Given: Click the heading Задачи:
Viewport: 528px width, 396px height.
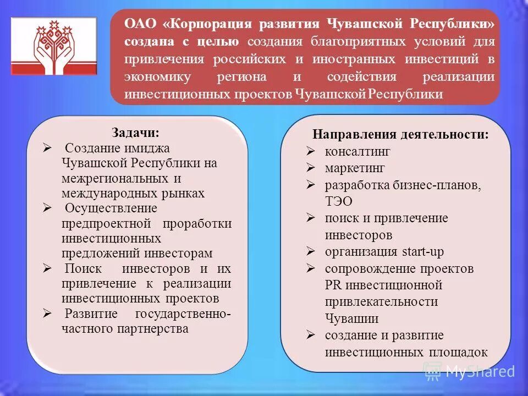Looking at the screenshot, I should coord(136,133).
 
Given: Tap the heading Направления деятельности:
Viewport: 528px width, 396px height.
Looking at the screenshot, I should coord(400,135).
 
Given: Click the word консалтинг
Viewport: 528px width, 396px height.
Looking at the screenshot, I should coord(358,151).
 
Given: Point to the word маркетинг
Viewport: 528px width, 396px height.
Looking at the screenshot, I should coord(355,168).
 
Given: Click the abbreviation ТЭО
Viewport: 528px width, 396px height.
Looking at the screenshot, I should coord(339,202).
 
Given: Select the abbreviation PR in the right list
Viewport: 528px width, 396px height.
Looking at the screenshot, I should coord(333,285).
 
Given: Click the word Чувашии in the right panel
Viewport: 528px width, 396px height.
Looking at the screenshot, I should coord(351,318).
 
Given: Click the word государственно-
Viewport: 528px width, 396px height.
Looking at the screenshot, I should coord(183,314).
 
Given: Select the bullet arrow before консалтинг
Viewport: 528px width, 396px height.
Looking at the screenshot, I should coord(311,151).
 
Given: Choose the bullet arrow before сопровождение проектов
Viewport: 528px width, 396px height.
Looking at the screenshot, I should coord(311,269).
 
